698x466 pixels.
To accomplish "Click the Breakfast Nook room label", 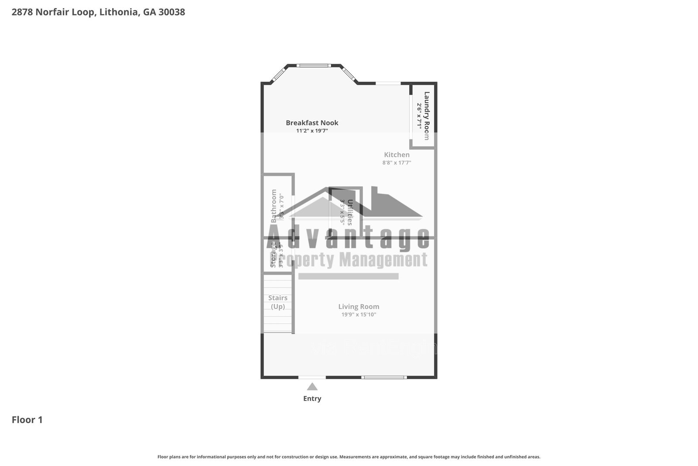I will [312, 123].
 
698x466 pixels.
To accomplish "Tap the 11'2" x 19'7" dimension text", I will [312, 131].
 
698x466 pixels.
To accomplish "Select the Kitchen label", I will [397, 155].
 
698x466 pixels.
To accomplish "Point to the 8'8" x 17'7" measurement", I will [397, 162].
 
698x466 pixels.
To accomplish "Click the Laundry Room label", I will [427, 116].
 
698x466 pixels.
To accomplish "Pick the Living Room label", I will [359, 307].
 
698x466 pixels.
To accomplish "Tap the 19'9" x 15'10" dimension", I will [359, 314].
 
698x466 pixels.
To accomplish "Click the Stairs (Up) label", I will [278, 302].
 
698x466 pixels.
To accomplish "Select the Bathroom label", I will [274, 206].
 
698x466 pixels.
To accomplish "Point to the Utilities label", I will [349, 212].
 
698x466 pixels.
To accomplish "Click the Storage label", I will [274, 255].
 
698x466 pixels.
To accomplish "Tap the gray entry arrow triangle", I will [312, 387].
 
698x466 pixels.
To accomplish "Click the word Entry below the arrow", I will [312, 398].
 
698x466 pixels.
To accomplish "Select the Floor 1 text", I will [27, 420].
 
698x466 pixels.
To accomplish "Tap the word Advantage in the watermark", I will [348, 238].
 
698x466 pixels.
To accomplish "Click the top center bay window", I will [313, 66].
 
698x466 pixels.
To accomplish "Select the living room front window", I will [384, 377].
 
